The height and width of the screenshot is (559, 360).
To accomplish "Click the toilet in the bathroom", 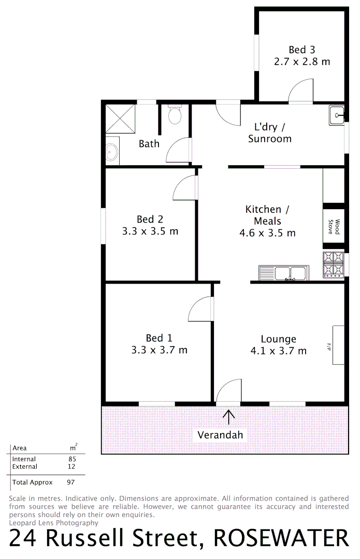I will [x=175, y=115].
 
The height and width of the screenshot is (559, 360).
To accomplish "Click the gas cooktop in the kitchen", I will [x=333, y=264].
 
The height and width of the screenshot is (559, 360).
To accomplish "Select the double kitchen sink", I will [x=284, y=272].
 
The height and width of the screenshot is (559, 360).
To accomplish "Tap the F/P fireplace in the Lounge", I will [x=337, y=345].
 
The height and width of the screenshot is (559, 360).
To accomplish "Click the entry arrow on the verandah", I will [x=228, y=416].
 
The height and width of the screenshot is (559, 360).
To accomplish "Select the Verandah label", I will [x=220, y=435].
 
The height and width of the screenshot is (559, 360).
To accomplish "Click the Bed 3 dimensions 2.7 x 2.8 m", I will [x=302, y=62].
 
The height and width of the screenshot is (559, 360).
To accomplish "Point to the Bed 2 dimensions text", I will [x=150, y=231].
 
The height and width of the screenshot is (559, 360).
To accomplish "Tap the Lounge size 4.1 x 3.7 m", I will [x=278, y=351].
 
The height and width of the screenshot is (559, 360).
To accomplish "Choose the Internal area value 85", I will [x=72, y=459].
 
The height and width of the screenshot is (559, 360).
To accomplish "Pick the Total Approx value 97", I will [x=71, y=482].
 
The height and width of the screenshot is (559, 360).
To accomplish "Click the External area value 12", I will [x=71, y=466].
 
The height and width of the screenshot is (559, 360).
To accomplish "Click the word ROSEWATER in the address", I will [x=281, y=538].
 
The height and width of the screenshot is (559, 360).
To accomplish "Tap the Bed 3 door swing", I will [x=300, y=91].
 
